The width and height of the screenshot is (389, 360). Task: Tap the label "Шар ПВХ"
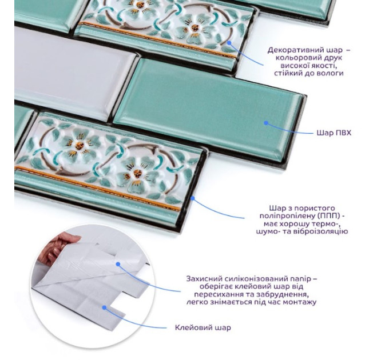[334, 133]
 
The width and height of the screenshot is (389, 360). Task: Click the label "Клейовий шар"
[203, 327]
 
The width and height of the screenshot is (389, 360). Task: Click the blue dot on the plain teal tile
[266, 123]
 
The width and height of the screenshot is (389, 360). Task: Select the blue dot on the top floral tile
[229, 43]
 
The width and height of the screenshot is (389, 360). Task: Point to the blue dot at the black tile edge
[193, 198]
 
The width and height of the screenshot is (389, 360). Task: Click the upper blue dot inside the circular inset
[118, 264]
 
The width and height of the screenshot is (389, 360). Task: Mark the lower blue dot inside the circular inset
[105, 307]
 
